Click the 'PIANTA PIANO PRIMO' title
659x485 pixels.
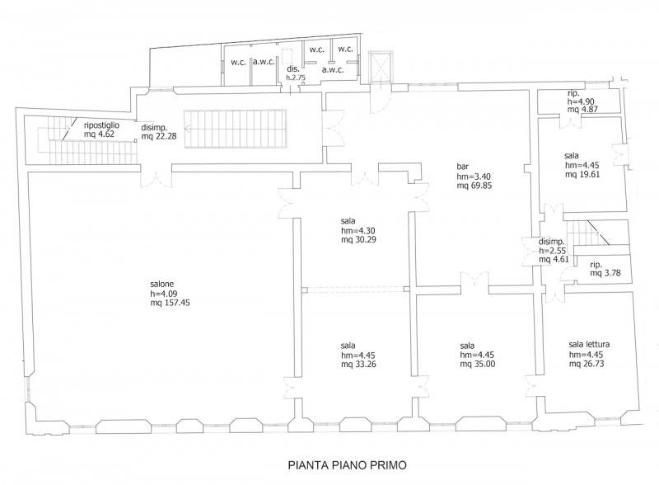(x=348, y=465)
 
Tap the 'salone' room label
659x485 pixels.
(x=161, y=284)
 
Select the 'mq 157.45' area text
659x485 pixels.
(x=170, y=302)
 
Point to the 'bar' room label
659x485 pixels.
(x=463, y=167)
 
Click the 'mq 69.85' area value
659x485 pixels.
(x=474, y=186)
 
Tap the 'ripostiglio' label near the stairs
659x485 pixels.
(x=101, y=125)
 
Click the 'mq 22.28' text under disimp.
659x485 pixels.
(x=159, y=136)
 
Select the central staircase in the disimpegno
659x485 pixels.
(x=235, y=129)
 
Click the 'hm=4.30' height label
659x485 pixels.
(x=358, y=230)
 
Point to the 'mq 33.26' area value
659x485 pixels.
(x=358, y=365)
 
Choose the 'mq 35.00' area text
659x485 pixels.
(x=478, y=365)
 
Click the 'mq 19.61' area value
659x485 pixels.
(x=582, y=174)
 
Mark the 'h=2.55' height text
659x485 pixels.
(x=553, y=251)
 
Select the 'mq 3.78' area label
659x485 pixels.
(x=605, y=273)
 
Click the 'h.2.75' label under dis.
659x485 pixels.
(x=296, y=78)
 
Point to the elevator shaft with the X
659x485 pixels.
(x=381, y=67)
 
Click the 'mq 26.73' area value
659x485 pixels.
(x=587, y=363)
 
